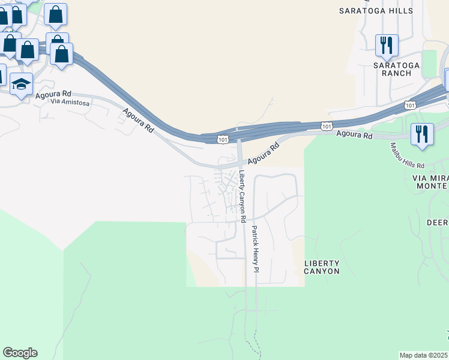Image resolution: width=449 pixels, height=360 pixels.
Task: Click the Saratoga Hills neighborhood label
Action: [x=376, y=11]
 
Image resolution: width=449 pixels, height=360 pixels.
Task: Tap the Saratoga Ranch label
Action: [x=392, y=69]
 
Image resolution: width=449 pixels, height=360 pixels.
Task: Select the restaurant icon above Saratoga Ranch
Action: [x=385, y=45]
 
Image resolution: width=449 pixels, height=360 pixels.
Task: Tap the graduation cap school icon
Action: [x=21, y=85]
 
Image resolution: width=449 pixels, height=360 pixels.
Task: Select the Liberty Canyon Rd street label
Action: [x=242, y=197]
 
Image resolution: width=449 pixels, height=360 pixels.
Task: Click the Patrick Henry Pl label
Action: [x=255, y=248]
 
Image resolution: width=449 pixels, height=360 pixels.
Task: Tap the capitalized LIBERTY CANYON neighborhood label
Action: [x=322, y=267]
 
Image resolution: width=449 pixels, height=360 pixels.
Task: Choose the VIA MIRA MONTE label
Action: [x=430, y=182]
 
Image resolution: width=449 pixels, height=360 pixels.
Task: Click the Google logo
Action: [x=20, y=353]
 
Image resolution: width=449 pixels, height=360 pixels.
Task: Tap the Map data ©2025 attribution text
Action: [x=424, y=355]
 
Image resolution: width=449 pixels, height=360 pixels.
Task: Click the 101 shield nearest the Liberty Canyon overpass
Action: [x=222, y=139]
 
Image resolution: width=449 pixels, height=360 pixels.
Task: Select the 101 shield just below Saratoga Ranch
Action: [x=410, y=104]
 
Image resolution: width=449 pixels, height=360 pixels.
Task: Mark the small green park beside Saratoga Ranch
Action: [x=429, y=64]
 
